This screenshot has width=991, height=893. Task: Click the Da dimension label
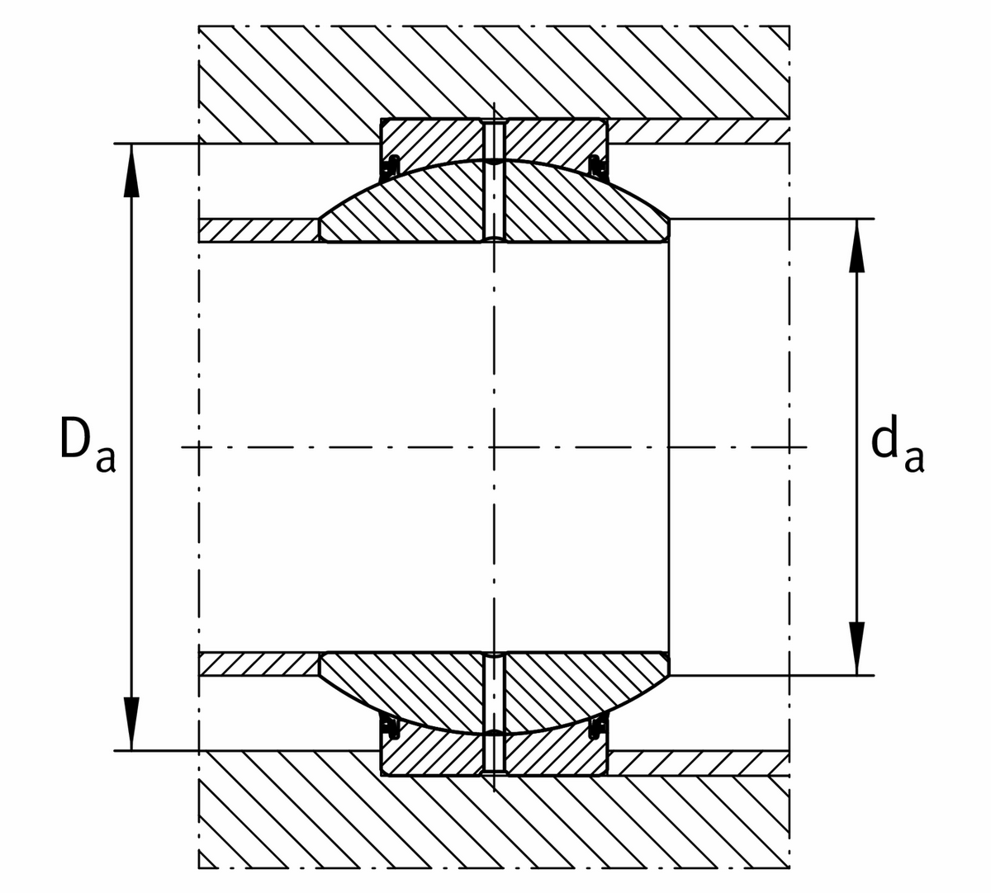[87, 448]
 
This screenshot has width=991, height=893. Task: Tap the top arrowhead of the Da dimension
[130, 173]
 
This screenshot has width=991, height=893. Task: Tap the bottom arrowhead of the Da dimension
[130, 722]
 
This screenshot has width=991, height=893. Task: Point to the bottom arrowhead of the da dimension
[857, 648]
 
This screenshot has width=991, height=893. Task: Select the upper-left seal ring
[391, 166]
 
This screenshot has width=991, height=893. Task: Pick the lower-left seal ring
[391, 728]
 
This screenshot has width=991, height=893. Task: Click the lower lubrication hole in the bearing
[493, 711]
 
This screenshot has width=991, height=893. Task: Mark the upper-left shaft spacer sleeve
[258, 230]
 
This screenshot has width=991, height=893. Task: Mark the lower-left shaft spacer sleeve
[258, 664]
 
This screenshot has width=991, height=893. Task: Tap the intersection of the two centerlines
[493, 448]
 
